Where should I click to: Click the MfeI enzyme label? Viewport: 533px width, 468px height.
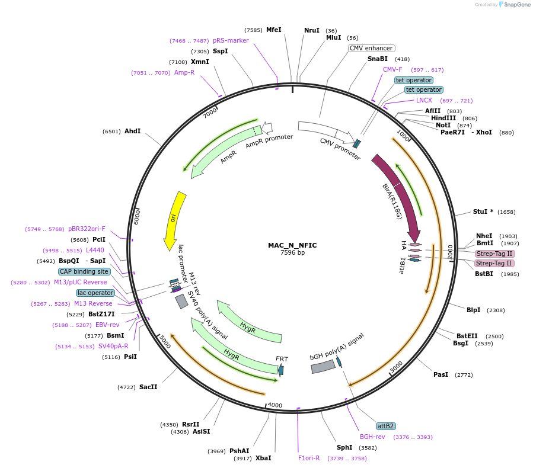pyautogui.click(x=273, y=30)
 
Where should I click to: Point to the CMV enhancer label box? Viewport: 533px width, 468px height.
pyautogui.click(x=372, y=48)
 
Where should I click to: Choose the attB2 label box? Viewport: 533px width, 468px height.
pyautogui.click(x=385, y=426)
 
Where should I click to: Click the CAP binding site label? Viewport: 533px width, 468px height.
pyautogui.click(x=84, y=271)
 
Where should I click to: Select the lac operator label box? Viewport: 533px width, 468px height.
pyautogui.click(x=95, y=293)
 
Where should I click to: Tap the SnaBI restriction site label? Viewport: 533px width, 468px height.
pyautogui.click(x=377, y=59)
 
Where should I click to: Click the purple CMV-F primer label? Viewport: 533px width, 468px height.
pyautogui.click(x=392, y=69)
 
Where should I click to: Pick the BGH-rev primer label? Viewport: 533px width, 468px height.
pyautogui.click(x=372, y=437)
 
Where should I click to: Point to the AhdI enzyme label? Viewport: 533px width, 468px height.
pyautogui.click(x=132, y=131)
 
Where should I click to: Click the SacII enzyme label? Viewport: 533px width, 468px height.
pyautogui.click(x=148, y=387)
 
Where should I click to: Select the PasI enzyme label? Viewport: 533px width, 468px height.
pyautogui.click(x=441, y=374)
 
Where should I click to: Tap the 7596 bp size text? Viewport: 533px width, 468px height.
pyautogui.click(x=292, y=252)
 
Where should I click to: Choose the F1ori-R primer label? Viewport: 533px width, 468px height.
pyautogui.click(x=309, y=458)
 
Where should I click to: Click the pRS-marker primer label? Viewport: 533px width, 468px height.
pyautogui.click(x=231, y=40)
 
